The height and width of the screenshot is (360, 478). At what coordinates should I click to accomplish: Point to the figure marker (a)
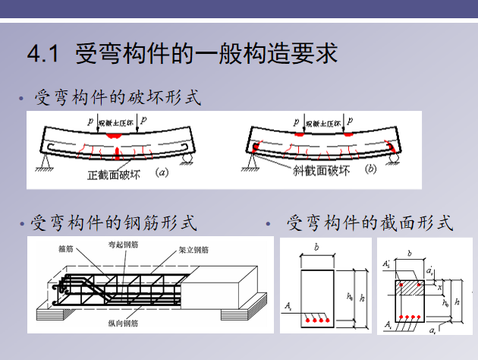[161, 173]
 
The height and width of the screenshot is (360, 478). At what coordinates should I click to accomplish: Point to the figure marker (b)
[370, 169]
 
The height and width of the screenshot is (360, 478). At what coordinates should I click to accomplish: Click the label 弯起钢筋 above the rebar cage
[123, 245]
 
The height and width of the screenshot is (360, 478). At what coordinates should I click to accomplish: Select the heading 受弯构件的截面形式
[370, 223]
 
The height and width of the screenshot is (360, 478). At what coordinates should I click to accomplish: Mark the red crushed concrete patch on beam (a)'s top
[115, 134]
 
